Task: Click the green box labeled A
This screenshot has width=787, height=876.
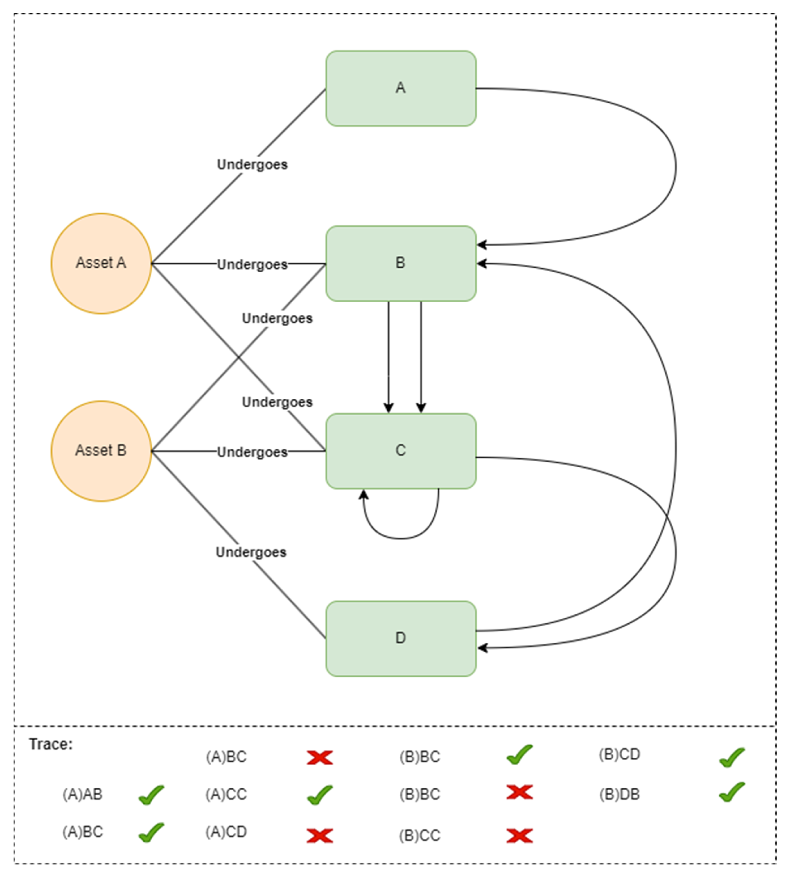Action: (x=401, y=89)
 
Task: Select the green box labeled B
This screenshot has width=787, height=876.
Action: (x=401, y=263)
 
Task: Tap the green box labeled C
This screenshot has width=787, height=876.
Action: (x=401, y=451)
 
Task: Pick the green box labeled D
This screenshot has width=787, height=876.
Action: (x=401, y=638)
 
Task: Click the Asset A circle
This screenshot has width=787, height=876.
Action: (x=101, y=263)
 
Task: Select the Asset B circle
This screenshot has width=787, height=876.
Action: (x=101, y=451)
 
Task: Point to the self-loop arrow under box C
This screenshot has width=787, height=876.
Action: (x=401, y=538)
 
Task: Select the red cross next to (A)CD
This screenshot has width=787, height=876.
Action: (x=320, y=836)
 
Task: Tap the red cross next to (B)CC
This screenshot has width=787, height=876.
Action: (x=519, y=836)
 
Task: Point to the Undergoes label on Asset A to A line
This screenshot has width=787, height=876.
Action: (x=252, y=165)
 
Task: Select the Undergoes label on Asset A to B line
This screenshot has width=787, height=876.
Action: (x=252, y=264)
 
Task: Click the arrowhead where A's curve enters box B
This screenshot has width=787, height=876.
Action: (x=481, y=245)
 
